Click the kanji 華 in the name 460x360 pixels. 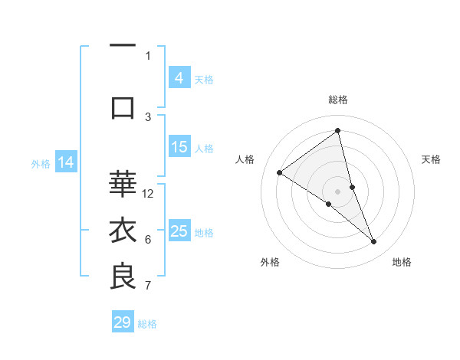(123, 184)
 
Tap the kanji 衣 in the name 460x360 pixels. (123, 231)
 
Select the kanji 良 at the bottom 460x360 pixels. (123, 277)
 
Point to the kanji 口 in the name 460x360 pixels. (123, 106)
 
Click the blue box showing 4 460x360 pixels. (179, 77)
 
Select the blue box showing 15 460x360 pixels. (179, 147)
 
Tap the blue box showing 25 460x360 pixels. (179, 231)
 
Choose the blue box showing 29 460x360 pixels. (123, 322)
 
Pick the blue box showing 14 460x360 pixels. (66, 162)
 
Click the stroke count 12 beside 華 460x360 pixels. (149, 193)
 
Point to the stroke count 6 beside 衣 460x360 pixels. (148, 240)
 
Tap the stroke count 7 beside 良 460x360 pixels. (148, 286)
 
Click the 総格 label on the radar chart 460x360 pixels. (337, 100)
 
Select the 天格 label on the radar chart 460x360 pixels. (431, 159)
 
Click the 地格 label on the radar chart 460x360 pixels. (402, 262)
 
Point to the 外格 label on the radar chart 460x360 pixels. (270, 262)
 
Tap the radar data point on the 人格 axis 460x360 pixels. (279, 172)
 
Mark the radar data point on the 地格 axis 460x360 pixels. (374, 242)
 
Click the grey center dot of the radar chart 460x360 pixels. (337, 191)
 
